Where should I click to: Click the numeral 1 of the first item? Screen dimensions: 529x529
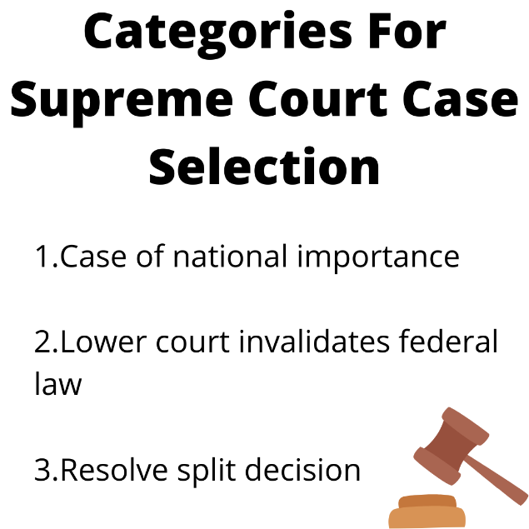tap(41, 256)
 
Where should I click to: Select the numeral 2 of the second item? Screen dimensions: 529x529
tap(42, 342)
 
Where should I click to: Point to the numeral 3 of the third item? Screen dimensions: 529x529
tap(42, 470)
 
